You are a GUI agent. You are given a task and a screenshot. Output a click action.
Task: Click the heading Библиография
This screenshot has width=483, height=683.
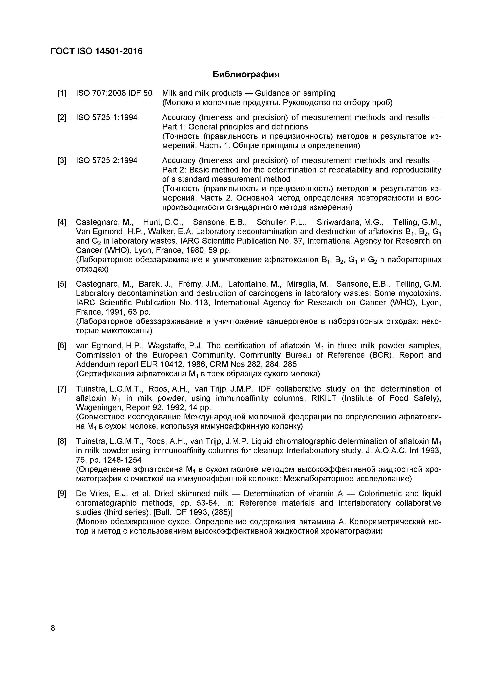(x=246, y=74)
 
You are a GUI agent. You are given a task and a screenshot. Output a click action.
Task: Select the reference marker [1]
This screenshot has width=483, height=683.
(x=62, y=93)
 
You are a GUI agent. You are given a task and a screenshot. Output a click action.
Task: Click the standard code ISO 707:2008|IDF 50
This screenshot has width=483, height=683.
(x=114, y=93)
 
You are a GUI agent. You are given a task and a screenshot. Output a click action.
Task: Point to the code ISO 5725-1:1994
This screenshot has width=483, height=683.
(x=107, y=118)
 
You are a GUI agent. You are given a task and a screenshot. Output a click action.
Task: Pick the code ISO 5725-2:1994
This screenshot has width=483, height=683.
(x=107, y=161)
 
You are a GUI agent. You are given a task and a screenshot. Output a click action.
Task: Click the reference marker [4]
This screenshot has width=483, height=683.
(x=62, y=222)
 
